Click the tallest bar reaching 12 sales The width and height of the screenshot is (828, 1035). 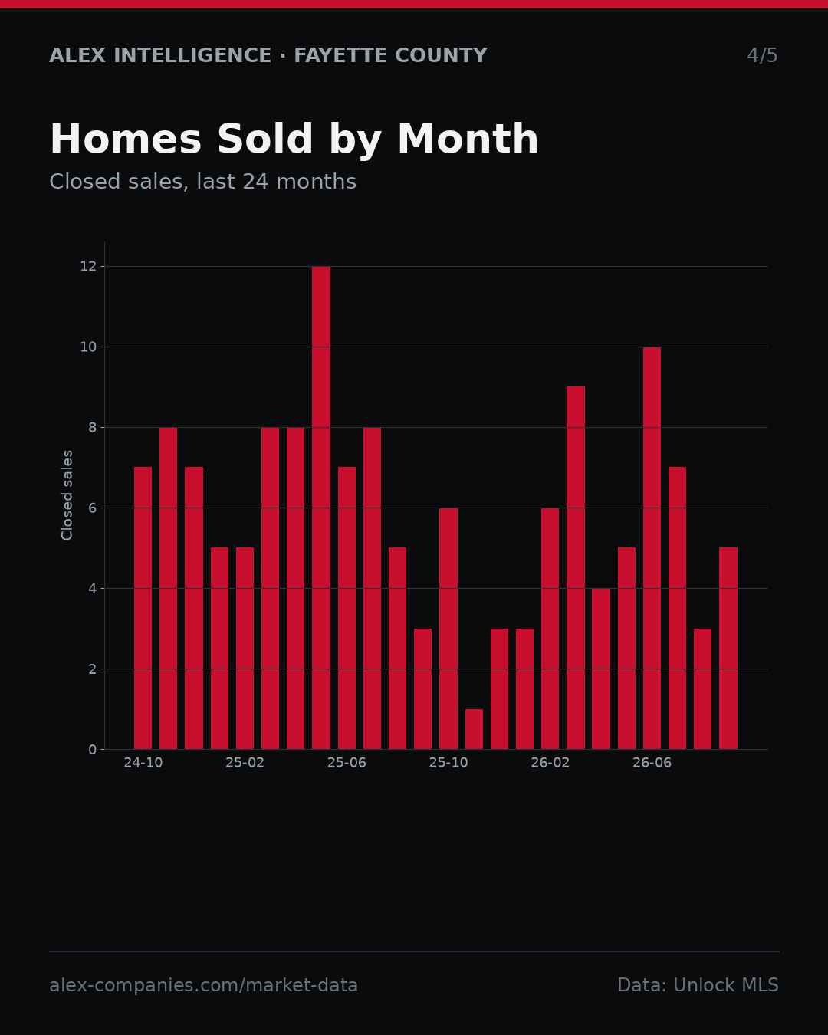click(x=321, y=508)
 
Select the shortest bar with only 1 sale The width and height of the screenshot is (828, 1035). click(x=474, y=729)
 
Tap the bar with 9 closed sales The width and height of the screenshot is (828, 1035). click(x=576, y=567)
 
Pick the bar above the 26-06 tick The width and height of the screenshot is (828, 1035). click(x=652, y=548)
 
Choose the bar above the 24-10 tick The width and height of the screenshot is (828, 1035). click(x=143, y=608)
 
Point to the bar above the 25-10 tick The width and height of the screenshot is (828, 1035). click(x=449, y=628)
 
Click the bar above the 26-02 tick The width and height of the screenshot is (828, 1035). click(x=550, y=628)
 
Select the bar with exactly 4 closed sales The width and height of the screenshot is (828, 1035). click(x=601, y=669)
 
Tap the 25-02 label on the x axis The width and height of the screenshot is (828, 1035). click(x=245, y=763)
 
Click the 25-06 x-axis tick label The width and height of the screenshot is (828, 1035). click(x=347, y=763)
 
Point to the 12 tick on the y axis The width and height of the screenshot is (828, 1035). click(x=88, y=266)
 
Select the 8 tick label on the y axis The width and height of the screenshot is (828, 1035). click(x=93, y=427)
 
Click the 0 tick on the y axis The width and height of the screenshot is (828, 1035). click(x=93, y=749)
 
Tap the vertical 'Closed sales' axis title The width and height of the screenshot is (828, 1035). click(x=67, y=495)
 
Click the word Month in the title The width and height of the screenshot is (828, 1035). click(x=468, y=139)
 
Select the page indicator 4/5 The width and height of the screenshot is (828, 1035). click(x=762, y=55)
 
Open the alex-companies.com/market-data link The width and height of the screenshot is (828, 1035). click(x=203, y=985)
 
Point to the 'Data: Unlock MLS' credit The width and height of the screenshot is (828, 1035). click(x=698, y=985)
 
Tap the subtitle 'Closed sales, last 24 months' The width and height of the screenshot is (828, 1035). click(x=202, y=182)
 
